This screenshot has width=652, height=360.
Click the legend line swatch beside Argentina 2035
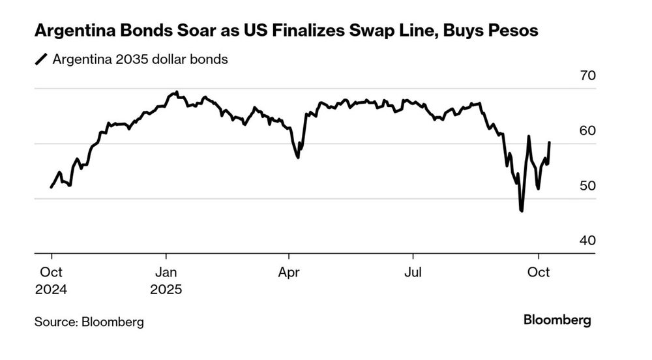pyautogui.click(x=42, y=60)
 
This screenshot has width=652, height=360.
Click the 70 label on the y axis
pyautogui.click(x=587, y=76)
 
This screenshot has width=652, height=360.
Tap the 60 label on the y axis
pyautogui.click(x=587, y=130)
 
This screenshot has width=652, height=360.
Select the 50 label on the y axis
pyautogui.click(x=587, y=186)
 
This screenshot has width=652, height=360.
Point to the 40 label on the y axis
pyautogui.click(x=587, y=241)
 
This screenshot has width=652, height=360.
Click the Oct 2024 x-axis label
pyautogui.click(x=52, y=280)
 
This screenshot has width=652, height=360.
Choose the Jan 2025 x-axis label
pyautogui.click(x=166, y=280)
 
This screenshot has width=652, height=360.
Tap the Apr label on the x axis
pyautogui.click(x=289, y=273)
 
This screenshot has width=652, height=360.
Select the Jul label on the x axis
pyautogui.click(x=412, y=273)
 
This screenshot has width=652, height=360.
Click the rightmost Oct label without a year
pyautogui.click(x=538, y=273)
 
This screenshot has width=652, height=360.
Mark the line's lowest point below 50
pyautogui.click(x=522, y=211)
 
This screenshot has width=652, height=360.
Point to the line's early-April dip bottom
pyautogui.click(x=298, y=157)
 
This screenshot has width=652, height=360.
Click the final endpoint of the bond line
pyautogui.click(x=550, y=142)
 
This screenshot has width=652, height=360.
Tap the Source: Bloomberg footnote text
pyautogui.click(x=89, y=322)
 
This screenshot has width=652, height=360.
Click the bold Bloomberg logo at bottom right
pyautogui.click(x=557, y=320)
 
